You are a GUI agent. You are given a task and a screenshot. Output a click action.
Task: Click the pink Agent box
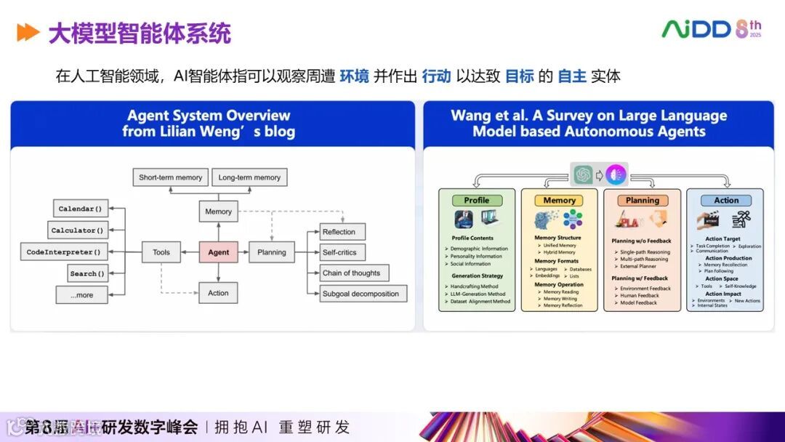pos(218,252)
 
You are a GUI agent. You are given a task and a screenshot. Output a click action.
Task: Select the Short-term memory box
pos(171,177)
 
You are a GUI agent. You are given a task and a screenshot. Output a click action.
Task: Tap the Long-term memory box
pos(249,177)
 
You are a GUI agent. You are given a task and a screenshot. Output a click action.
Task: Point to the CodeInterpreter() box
pos(64,252)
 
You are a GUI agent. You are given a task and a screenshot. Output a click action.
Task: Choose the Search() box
pos(88,273)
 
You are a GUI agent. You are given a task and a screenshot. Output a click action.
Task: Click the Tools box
pos(161,252)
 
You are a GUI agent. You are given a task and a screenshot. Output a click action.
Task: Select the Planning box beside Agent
pos(272,252)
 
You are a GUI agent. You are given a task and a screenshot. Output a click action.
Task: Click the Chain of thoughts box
pos(352,273)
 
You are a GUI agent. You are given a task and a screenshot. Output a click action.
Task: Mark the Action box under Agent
pos(218,293)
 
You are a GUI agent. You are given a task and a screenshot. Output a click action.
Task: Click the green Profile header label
pos(477,201)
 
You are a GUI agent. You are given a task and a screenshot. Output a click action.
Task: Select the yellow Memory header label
pos(559,201)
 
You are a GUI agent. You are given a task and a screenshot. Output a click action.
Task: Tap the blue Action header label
pos(725,201)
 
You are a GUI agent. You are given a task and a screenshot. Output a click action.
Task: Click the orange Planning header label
pos(643,201)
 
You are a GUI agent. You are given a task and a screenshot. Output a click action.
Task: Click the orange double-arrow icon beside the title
pos(28,33)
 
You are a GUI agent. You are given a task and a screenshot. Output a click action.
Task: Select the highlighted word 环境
pos(355,76)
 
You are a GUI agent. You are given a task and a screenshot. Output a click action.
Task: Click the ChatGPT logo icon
pos(583,174)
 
